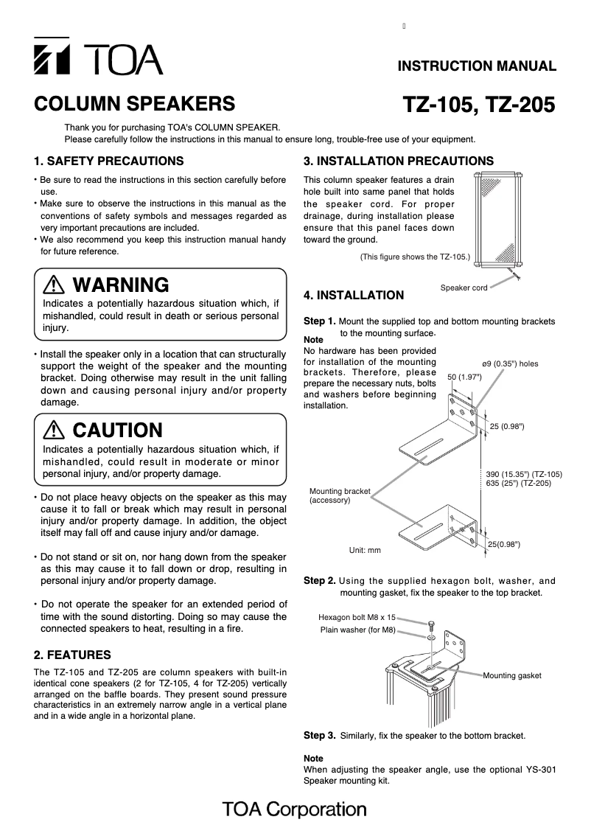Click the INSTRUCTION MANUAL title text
[x=477, y=66]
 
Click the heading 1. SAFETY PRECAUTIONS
[x=109, y=161]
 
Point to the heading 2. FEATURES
[x=73, y=655]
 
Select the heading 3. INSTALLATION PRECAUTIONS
[x=399, y=161]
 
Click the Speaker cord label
[x=464, y=288]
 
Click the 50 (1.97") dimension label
[x=464, y=377]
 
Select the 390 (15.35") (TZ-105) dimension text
[x=524, y=474]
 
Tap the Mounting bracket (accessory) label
[x=340, y=495]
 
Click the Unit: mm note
[x=365, y=550]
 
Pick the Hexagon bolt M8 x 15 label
[x=357, y=617]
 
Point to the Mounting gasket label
[x=512, y=675]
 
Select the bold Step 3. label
[x=320, y=735]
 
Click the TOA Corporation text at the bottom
[x=295, y=809]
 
